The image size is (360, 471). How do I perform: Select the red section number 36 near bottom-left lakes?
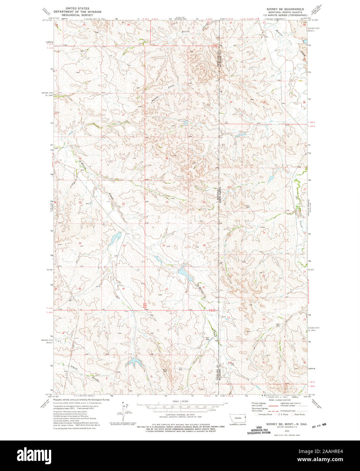(123, 289)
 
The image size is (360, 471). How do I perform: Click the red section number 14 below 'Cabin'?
(264, 232)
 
